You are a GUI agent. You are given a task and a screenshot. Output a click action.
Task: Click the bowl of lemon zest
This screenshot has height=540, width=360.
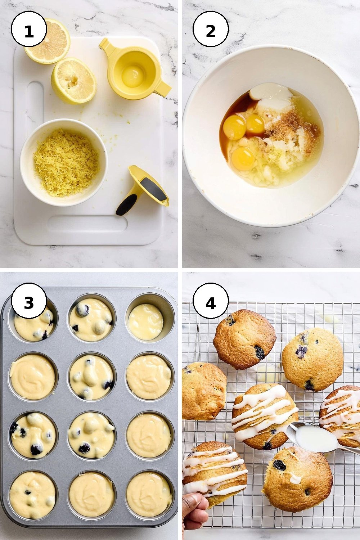(x=64, y=163)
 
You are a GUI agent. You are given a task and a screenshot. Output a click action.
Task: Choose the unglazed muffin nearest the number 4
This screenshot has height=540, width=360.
(x=244, y=339)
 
